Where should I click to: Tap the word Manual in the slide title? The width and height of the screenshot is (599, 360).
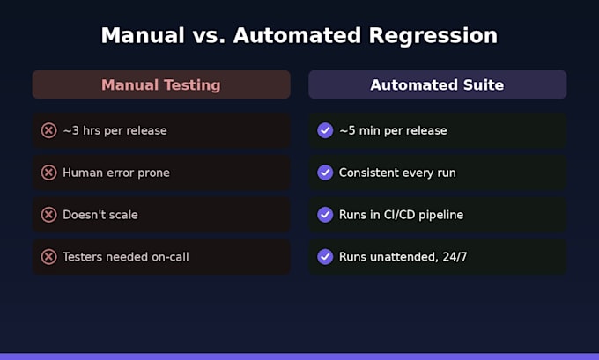click(143, 35)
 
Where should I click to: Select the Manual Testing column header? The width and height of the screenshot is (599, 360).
click(161, 84)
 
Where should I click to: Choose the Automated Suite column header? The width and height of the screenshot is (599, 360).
click(438, 84)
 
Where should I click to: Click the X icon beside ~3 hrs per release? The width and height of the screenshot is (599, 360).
click(49, 130)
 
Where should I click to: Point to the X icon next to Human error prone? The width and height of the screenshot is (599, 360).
click(49, 173)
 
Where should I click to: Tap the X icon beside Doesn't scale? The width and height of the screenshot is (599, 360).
click(49, 215)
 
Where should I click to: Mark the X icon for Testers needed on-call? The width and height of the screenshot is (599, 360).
click(49, 256)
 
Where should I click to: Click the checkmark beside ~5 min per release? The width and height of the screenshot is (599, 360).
click(325, 130)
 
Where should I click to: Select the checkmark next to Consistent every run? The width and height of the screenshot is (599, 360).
click(325, 173)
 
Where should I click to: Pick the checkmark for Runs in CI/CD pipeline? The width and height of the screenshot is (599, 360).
click(325, 215)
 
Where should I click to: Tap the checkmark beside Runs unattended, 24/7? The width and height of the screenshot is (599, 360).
click(325, 256)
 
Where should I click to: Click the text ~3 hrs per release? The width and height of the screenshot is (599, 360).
click(115, 131)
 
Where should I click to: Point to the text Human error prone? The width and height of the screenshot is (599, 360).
click(116, 173)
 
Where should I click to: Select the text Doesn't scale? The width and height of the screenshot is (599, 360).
click(100, 215)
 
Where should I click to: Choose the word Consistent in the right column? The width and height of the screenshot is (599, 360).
click(367, 173)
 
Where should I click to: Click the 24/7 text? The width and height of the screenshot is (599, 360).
click(455, 257)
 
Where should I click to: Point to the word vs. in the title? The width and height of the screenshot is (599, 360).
click(209, 35)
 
